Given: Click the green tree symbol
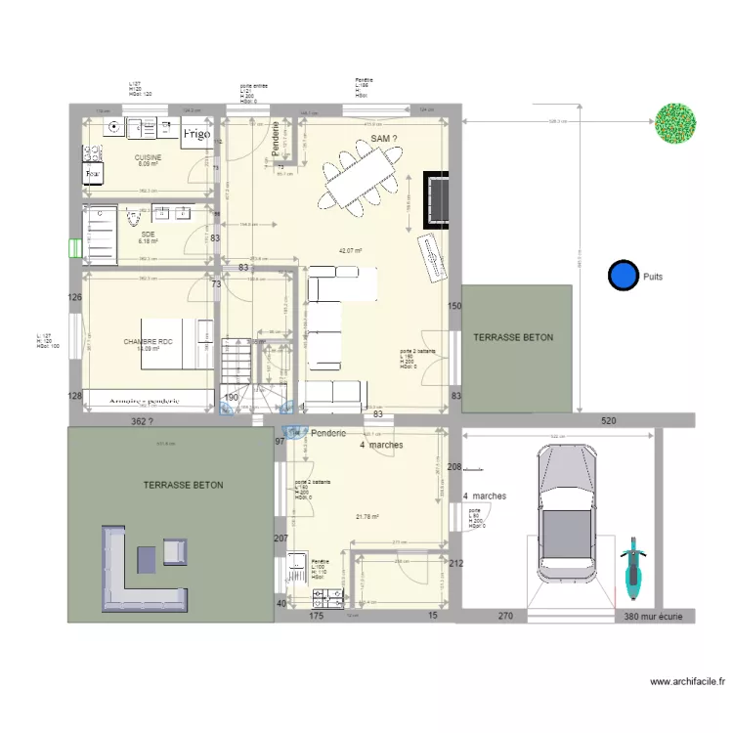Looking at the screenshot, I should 677,121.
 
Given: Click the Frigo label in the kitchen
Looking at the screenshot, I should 195,134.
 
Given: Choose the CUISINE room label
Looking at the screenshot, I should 148,157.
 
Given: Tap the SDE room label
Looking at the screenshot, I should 149,235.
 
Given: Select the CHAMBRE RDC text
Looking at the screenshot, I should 148,342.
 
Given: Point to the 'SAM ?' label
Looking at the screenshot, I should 384,141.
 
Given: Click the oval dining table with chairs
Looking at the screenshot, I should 362,182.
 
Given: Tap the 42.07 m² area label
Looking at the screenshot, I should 350,251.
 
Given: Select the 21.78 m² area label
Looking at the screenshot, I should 367,518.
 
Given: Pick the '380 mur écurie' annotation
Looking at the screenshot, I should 660,617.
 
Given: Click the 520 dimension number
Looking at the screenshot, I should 609,420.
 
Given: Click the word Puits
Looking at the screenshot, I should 654,277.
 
